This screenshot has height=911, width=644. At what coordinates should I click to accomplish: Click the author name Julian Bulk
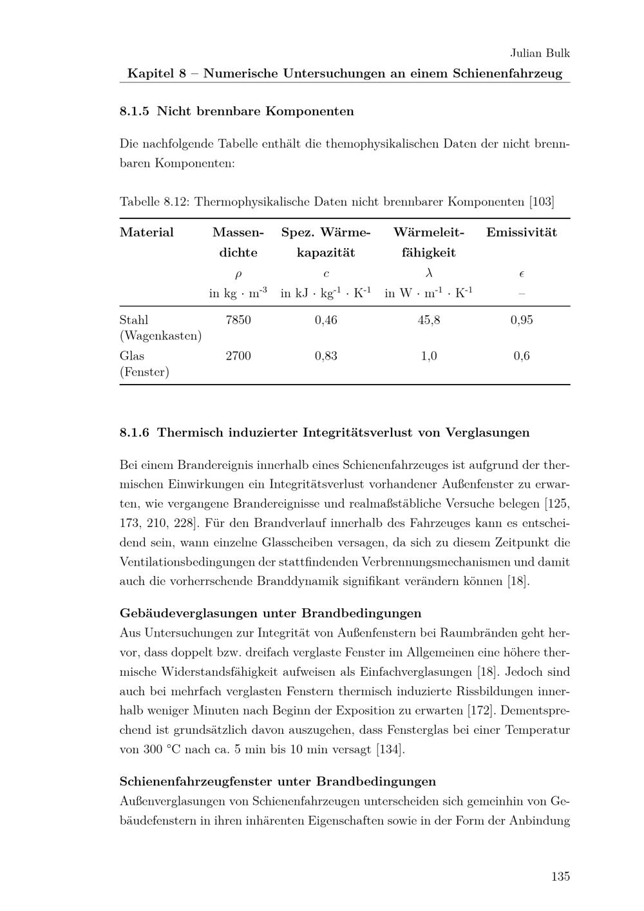pos(540,53)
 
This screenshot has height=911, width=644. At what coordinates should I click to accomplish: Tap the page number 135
pos(560,876)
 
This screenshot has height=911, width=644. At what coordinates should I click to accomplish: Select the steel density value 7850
pos(238,320)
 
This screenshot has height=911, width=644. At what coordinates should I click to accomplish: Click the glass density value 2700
pos(238,356)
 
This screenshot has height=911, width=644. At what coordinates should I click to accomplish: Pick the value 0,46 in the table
pos(326,320)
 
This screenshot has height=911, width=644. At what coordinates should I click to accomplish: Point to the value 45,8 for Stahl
pos(429,320)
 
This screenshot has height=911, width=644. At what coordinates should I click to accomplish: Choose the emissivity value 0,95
pos(522,320)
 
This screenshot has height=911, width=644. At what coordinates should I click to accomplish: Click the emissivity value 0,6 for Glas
pos(522,356)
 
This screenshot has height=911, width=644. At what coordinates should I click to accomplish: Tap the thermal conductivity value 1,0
pos(429,356)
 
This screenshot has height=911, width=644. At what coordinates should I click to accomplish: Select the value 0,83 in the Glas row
pos(326,356)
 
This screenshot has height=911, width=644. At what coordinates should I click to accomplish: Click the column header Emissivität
pos(522,233)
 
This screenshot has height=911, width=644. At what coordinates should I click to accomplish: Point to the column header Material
pos(147,233)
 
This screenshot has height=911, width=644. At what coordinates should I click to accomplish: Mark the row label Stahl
pos(134,320)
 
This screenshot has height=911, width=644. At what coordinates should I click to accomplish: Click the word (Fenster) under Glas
pos(145,372)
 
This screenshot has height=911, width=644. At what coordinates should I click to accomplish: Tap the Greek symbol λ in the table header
pos(429,273)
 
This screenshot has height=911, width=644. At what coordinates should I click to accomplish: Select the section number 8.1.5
pos(135,111)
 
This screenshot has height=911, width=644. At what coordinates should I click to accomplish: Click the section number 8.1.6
pos(135,432)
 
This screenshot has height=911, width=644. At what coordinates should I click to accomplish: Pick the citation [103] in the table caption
pos(541,202)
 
